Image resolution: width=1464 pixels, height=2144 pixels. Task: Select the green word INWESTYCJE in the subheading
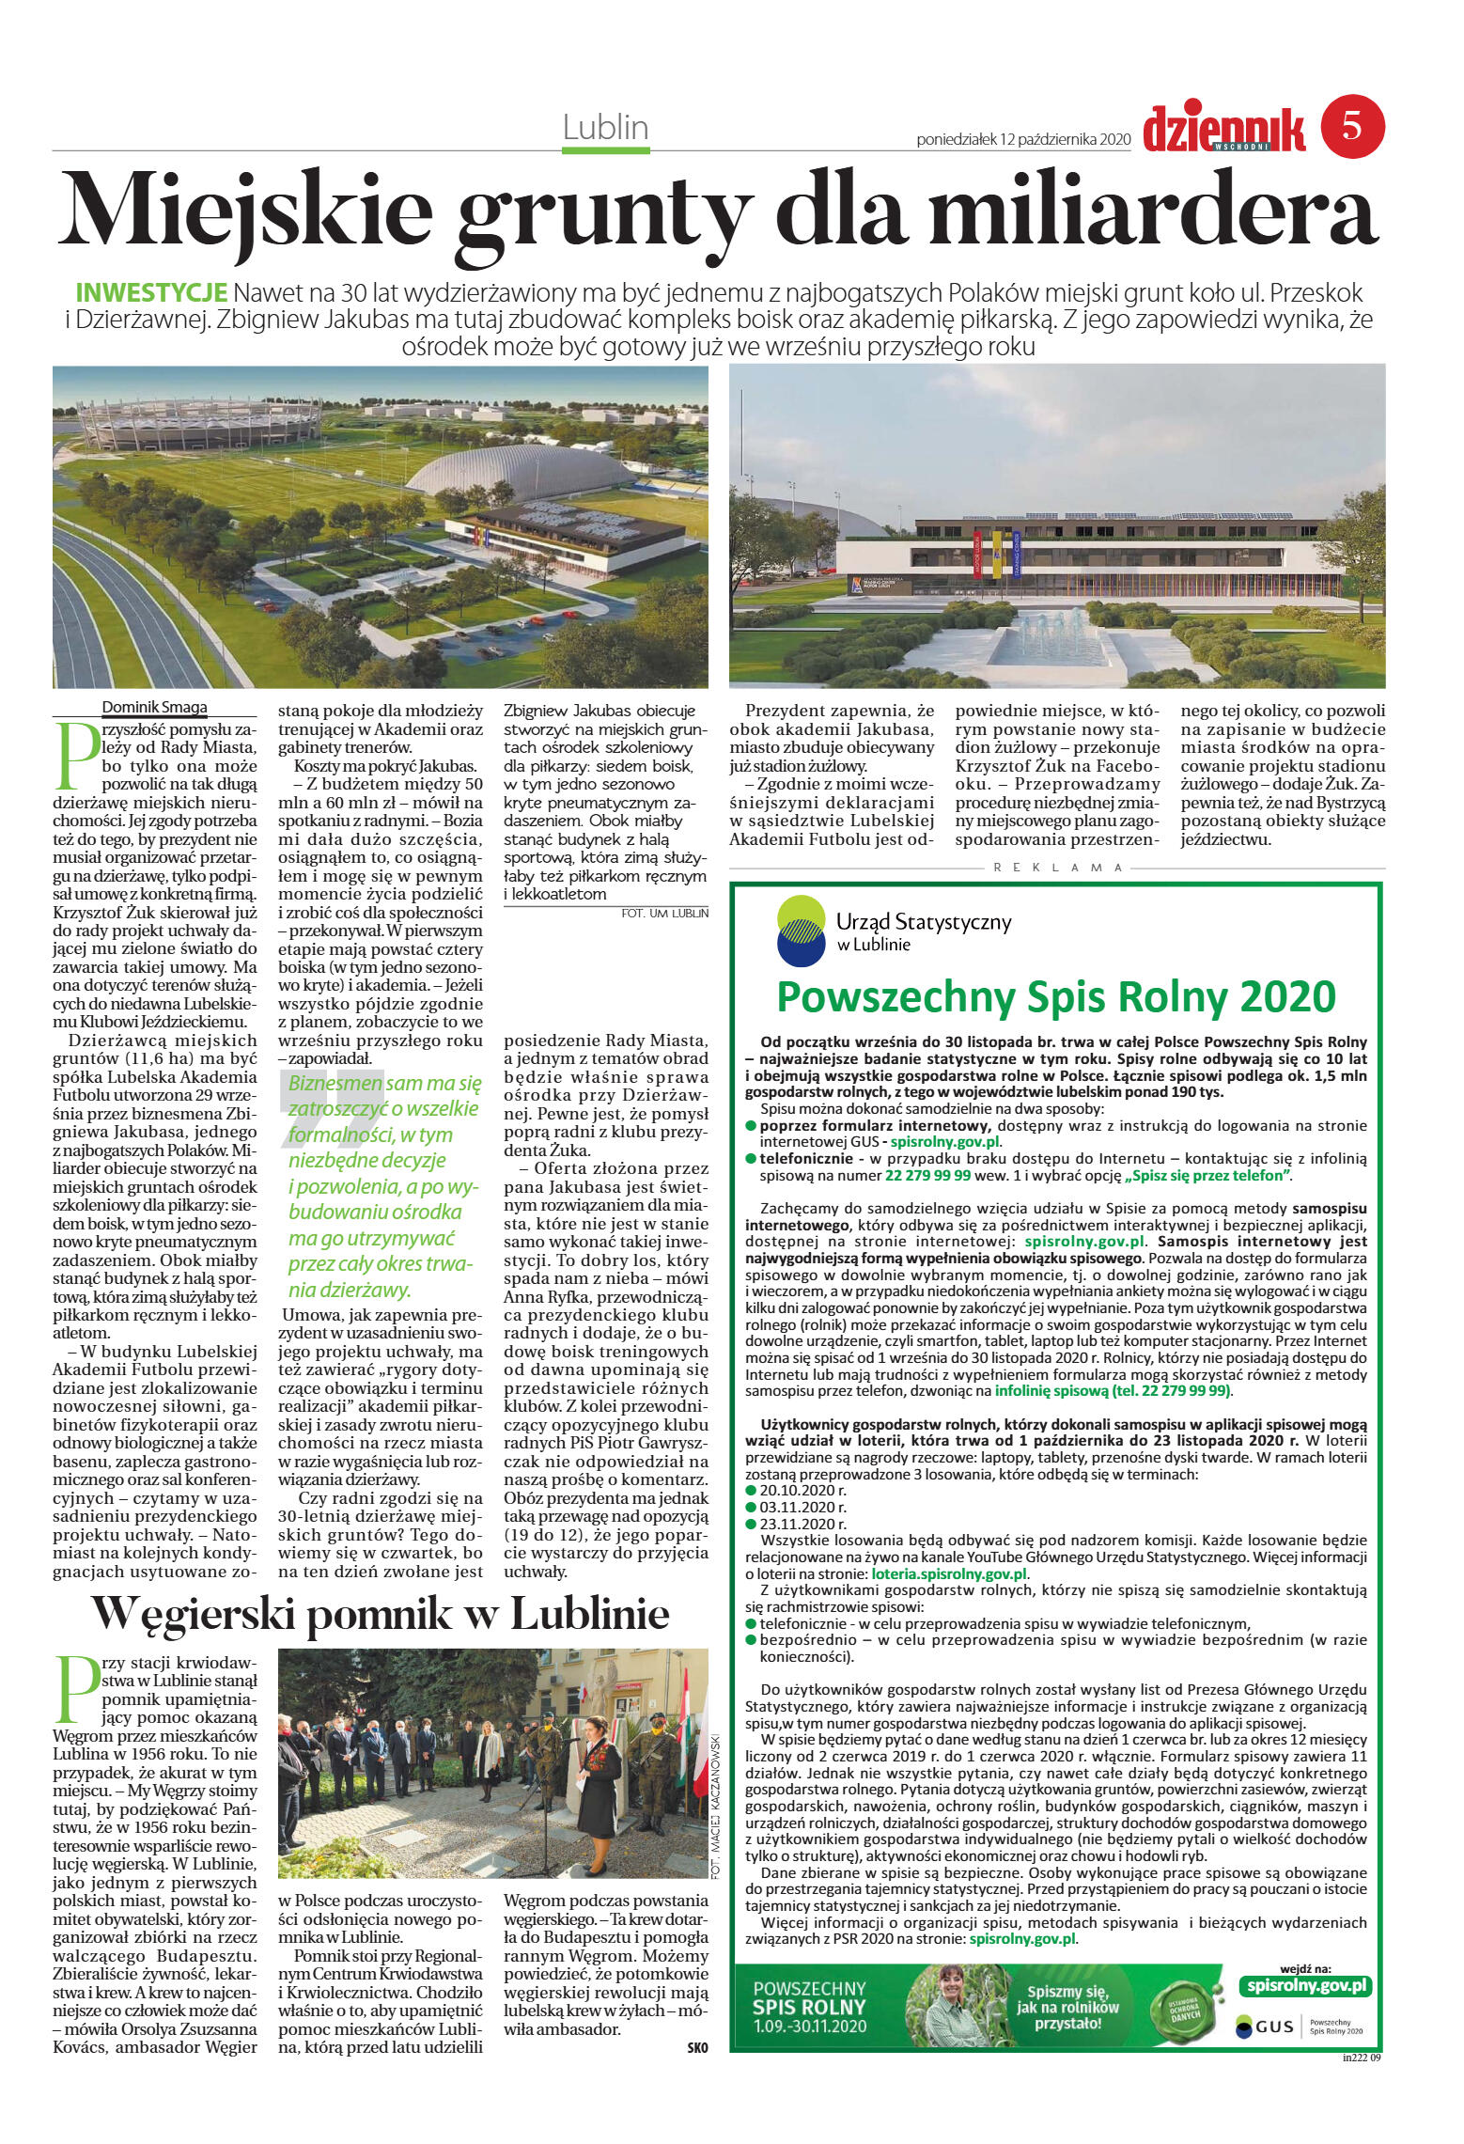(150, 291)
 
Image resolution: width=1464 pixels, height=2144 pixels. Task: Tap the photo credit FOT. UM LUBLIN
(664, 913)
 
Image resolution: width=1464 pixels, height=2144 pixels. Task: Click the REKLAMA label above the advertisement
(1057, 868)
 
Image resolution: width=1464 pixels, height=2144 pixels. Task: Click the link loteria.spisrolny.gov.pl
(949, 1573)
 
